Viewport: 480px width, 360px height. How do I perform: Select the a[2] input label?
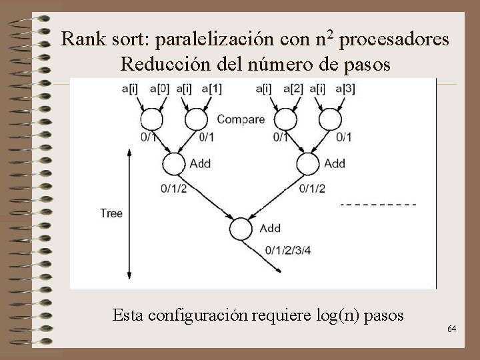click(293, 89)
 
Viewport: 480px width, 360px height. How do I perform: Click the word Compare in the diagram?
click(241, 121)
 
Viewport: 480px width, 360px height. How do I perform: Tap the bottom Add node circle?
click(241, 229)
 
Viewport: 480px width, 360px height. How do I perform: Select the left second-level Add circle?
click(173, 163)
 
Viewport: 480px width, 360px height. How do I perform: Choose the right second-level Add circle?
click(307, 163)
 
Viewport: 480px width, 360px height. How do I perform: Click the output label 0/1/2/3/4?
click(290, 250)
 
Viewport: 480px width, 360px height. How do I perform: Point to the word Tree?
click(111, 213)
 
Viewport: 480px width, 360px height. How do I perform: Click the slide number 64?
click(451, 329)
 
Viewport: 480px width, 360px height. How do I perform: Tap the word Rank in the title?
click(80, 41)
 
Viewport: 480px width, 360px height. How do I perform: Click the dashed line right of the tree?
click(378, 203)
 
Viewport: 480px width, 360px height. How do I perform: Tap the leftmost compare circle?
click(150, 119)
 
